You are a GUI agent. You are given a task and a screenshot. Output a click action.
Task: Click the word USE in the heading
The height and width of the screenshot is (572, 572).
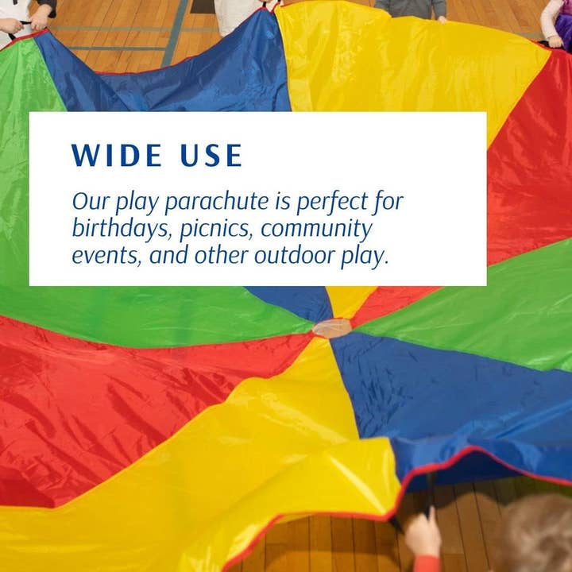pyautogui.click(x=211, y=155)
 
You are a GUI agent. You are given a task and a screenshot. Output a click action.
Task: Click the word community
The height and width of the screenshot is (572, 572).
pyautogui.click(x=317, y=230)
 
